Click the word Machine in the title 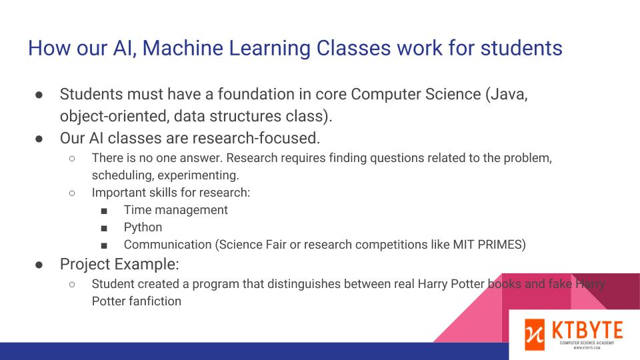(183, 48)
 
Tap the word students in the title (521, 48)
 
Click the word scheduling (123, 175)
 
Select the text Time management (176, 210)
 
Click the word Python (143, 228)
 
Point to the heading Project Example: (119, 265)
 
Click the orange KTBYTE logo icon (535, 335)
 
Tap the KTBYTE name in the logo (587, 330)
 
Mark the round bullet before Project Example (39, 265)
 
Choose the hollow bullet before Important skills (72, 193)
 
